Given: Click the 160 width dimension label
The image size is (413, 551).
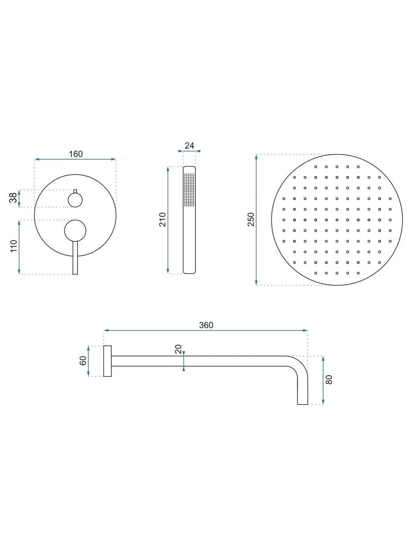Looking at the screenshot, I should coord(76,154).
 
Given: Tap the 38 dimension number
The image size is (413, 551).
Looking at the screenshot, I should coord(13,198).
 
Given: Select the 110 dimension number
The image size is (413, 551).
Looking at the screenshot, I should coord(14,246).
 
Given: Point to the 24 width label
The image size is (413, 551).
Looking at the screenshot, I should coord(189,146).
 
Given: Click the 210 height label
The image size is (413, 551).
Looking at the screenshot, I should coord(163,220).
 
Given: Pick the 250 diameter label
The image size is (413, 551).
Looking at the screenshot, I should coord(251,220).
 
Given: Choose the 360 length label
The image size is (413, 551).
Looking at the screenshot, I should coord(206,325).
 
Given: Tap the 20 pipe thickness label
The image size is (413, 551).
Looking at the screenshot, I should coord(178,349).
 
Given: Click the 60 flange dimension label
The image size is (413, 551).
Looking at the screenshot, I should coord(83,361).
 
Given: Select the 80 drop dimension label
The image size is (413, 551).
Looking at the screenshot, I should coord(329,379).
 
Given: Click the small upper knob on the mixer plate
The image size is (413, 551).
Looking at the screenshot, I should coord(75,200).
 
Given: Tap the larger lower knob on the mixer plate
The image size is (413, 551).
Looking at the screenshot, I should coord(75,231).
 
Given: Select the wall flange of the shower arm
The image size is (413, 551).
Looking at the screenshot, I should coord(107,361).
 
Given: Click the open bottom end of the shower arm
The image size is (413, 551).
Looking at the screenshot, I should coord(303,404).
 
